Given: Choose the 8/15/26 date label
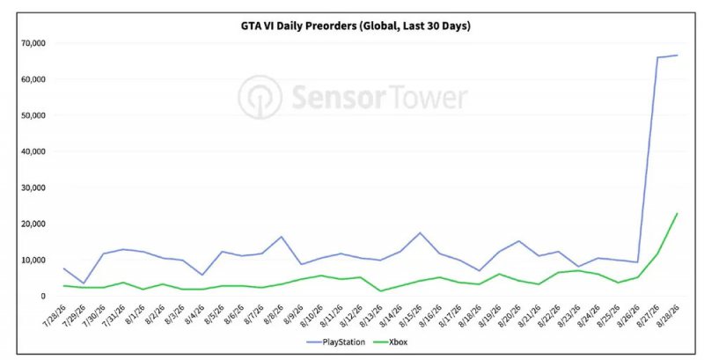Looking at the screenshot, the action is click(412, 317).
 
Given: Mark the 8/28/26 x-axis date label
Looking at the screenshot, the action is click(670, 317).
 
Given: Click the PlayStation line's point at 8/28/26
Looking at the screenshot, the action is click(678, 55).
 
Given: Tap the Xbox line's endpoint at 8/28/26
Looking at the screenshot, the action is click(678, 213).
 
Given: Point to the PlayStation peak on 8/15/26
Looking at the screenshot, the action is click(420, 232).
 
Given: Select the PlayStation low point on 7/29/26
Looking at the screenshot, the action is click(84, 283).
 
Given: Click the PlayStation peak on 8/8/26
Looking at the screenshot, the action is click(281, 237).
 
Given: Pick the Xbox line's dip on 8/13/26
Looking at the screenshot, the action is click(380, 290).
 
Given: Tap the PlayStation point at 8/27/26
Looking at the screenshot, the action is click(657, 57).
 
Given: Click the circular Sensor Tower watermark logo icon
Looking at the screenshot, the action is click(260, 98).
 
